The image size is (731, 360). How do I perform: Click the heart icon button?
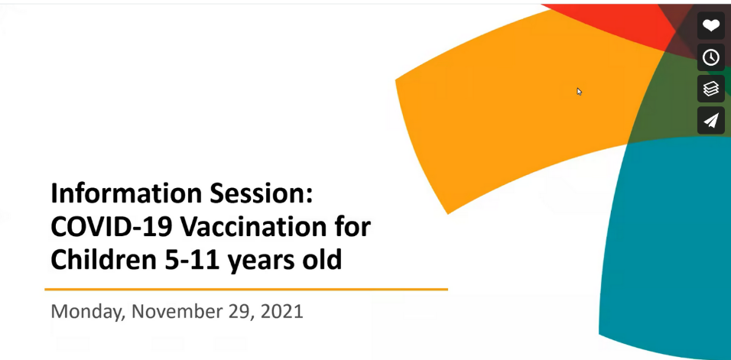tap(710, 26)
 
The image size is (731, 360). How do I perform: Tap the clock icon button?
tap(710, 57)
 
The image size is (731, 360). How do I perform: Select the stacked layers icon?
tap(710, 89)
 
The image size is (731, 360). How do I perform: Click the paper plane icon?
tap(710, 120)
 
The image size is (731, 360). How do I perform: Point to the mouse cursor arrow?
tap(579, 91)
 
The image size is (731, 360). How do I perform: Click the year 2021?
tap(281, 311)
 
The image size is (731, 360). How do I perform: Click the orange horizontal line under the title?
tap(246, 289)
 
